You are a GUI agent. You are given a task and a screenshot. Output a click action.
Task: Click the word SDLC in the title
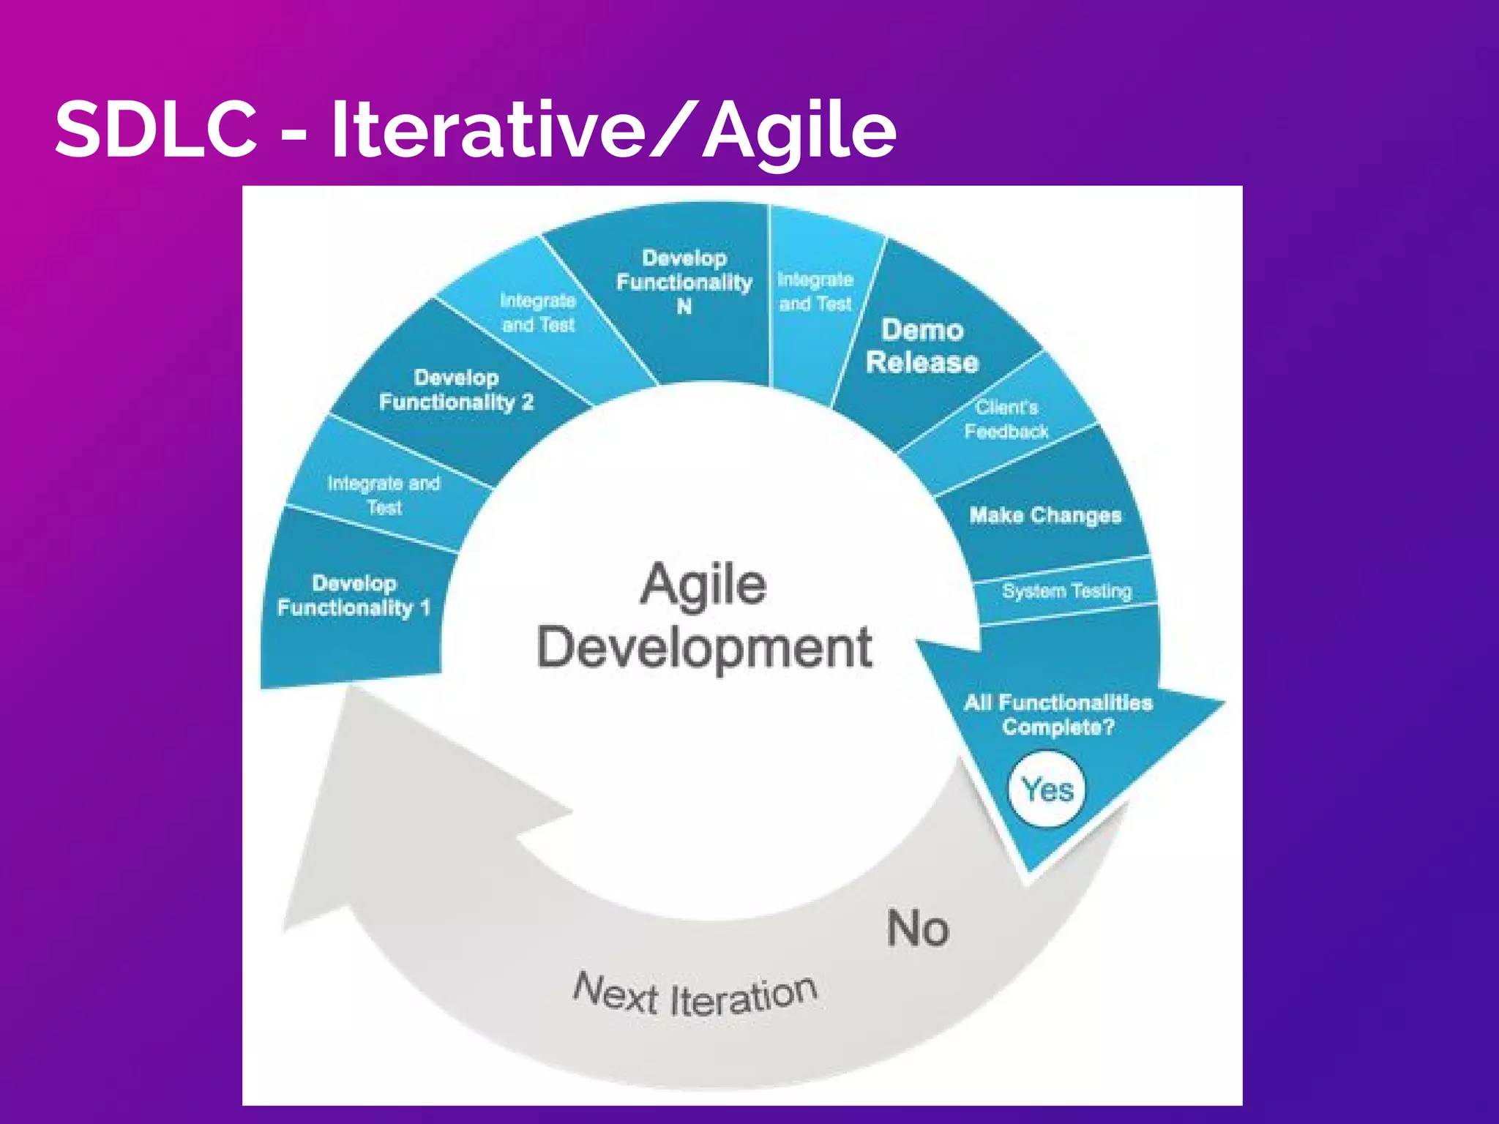pos(155,129)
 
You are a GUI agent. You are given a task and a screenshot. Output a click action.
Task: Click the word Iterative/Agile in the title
pos(613,130)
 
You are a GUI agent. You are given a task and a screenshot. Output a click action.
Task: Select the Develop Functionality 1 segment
pos(354,596)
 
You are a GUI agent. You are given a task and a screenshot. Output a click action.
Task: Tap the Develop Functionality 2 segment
pos(456,390)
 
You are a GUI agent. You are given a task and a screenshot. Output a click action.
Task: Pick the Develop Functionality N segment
pos(684,282)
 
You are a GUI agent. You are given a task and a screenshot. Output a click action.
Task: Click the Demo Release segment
pos(922,347)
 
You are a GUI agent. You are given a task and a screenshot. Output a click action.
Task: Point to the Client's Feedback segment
pos(1006,420)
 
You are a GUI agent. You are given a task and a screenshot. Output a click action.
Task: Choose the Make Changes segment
pos(1045,515)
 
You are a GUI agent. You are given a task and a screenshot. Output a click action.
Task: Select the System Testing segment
pos(1066,591)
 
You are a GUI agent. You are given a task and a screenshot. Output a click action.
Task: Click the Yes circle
pos(1048,790)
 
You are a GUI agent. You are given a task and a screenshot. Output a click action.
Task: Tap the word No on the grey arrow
pos(918,929)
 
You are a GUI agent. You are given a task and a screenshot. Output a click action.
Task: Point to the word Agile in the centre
pos(703,585)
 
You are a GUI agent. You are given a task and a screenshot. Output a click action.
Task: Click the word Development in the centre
pos(704,648)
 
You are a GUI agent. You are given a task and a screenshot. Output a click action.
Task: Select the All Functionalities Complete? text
pos(1058,715)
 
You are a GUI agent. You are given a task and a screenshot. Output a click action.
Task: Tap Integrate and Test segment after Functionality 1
pos(384,495)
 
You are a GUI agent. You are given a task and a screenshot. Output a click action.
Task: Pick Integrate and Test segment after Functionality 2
pos(538,313)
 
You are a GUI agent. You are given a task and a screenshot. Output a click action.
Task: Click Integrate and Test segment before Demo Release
pos(815,292)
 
